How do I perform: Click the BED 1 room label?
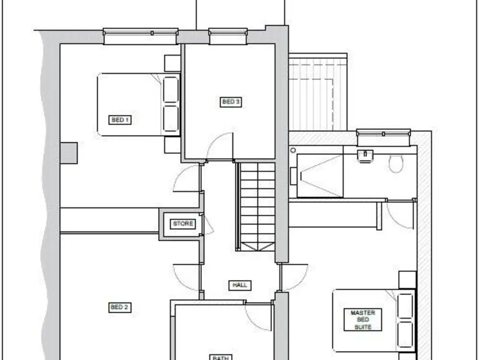[x=120, y=119]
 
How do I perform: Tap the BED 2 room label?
[x=119, y=307]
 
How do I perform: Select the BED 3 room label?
[x=231, y=102]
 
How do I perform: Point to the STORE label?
[x=182, y=224]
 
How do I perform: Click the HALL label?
[x=240, y=285]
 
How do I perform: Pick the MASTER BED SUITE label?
[x=362, y=319]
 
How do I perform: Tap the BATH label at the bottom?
[x=219, y=357]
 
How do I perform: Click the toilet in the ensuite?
[x=395, y=164]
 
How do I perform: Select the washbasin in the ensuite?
[x=364, y=155]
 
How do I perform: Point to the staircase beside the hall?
[x=257, y=206]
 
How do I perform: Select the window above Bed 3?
[x=227, y=36]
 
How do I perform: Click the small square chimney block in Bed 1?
[x=68, y=152]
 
